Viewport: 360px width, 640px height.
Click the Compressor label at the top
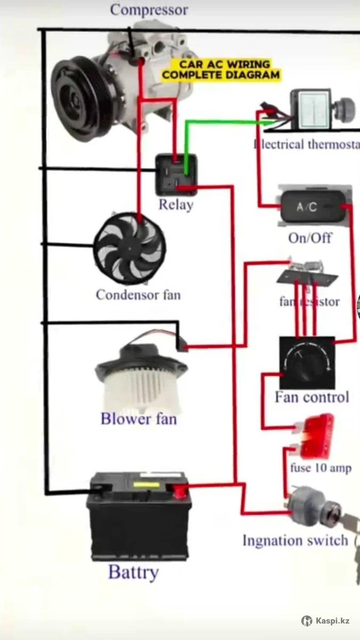149,10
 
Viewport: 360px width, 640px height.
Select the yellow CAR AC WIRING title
221,70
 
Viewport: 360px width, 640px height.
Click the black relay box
176,174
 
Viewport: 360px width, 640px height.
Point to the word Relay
175,205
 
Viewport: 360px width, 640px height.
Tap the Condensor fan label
138,294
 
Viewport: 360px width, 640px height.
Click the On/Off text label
309,238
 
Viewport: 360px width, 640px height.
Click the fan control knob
307,363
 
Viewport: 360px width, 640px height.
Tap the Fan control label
311,397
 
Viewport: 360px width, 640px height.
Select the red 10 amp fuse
316,436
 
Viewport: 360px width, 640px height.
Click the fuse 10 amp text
321,468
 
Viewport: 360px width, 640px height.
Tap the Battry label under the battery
133,572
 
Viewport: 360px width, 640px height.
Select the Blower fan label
138,419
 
